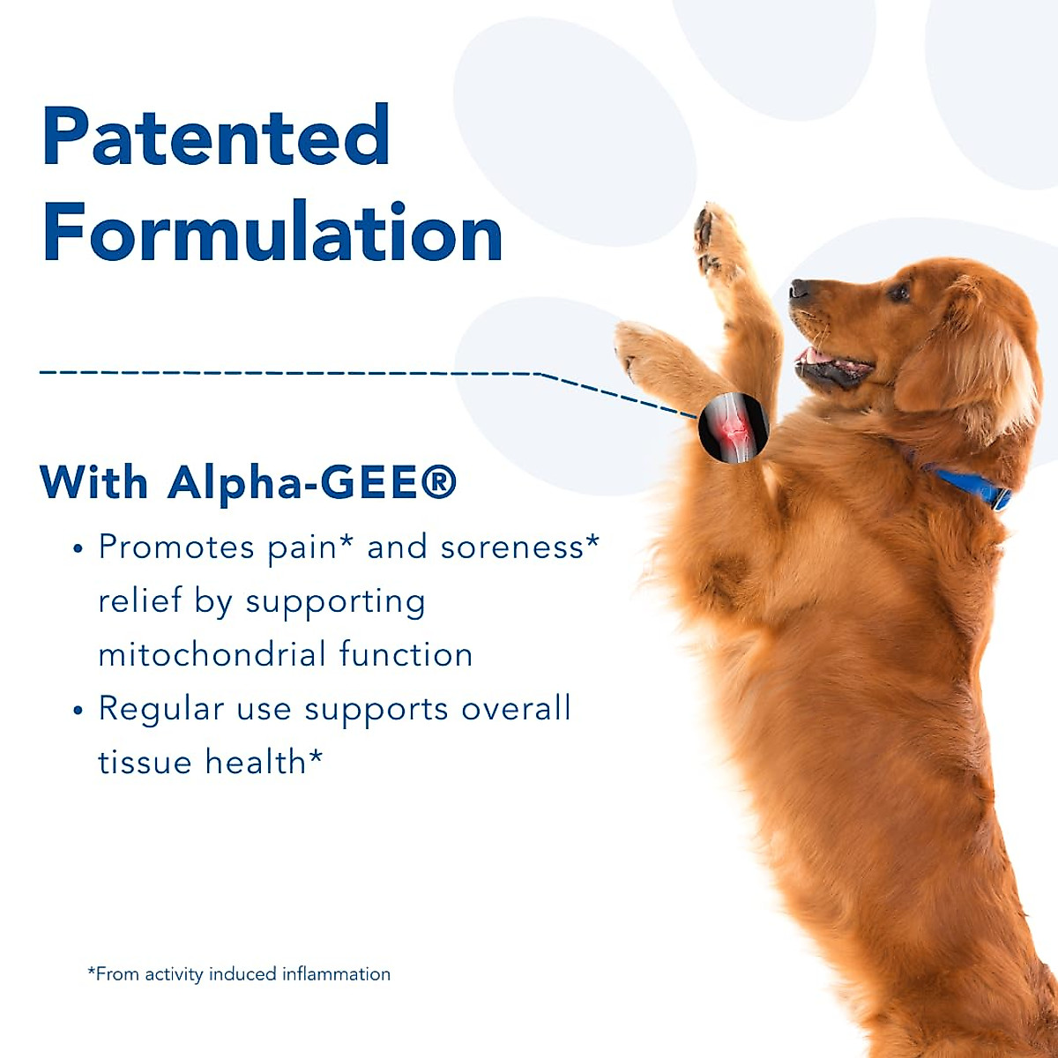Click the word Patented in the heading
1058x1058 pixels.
tap(216, 135)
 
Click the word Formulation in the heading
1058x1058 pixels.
tap(272, 231)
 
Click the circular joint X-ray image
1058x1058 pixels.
tap(733, 428)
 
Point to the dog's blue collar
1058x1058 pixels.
tap(970, 487)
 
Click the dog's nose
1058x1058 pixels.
tap(800, 288)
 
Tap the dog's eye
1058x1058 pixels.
tap(899, 292)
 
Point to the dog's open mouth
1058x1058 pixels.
tap(831, 365)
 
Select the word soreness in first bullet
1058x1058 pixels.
tap(511, 548)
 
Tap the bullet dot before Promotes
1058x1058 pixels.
tap(78, 548)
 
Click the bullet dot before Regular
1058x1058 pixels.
tap(78, 710)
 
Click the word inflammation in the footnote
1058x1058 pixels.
tap(336, 974)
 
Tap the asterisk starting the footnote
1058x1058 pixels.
tap(92, 970)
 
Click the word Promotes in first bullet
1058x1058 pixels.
tap(176, 548)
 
